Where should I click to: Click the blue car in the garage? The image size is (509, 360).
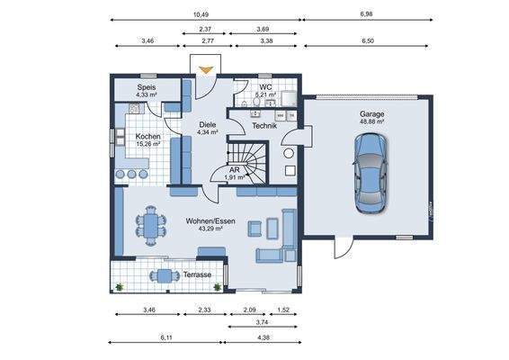point(370,173)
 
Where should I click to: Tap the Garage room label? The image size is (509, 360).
point(372,114)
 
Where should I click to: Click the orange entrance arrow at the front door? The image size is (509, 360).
point(206,67)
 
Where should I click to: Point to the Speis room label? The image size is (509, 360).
point(147,87)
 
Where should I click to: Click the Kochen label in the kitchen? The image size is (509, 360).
point(147,136)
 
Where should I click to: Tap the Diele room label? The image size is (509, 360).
point(208,126)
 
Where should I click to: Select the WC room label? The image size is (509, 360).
point(265,87)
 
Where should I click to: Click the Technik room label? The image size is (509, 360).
point(263,126)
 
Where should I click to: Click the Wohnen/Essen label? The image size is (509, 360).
point(210,220)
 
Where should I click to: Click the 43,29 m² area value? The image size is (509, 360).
point(210,229)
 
